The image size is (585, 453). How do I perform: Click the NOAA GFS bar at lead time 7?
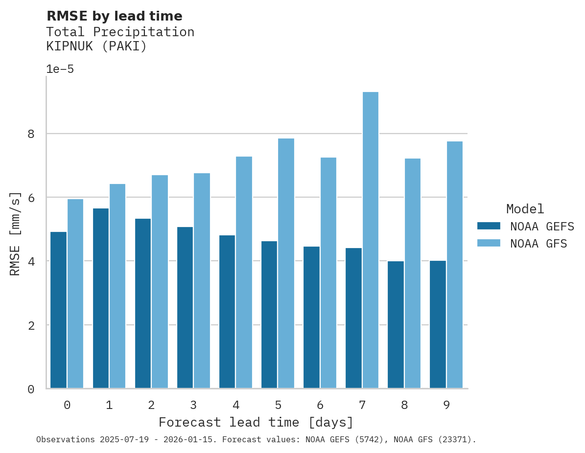click(370, 240)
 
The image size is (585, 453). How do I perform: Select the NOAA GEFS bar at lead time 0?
click(58, 310)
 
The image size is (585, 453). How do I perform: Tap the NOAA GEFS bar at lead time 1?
click(100, 298)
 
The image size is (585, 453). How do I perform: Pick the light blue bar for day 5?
click(286, 263)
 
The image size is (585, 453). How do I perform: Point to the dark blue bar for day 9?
click(438, 324)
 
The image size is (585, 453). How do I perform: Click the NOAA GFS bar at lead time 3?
click(202, 281)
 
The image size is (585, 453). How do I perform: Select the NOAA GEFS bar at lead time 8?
click(396, 325)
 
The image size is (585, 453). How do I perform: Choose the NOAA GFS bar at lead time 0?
click(75, 294)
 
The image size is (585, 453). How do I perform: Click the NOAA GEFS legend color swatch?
click(489, 226)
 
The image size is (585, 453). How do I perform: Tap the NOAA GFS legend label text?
click(538, 244)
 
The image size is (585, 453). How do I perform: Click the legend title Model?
click(525, 209)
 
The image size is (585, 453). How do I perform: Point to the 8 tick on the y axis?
click(31, 134)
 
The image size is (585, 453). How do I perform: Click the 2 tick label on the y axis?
click(31, 325)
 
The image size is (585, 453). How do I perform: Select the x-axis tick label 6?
click(320, 405)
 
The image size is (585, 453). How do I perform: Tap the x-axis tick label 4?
click(236, 405)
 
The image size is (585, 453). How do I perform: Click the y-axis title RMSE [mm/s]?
click(16, 233)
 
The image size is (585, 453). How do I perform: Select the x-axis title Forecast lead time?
click(256, 422)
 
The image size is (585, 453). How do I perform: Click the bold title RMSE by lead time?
click(114, 16)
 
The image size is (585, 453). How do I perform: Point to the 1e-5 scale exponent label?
click(60, 69)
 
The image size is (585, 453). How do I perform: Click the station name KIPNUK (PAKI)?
click(96, 46)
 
